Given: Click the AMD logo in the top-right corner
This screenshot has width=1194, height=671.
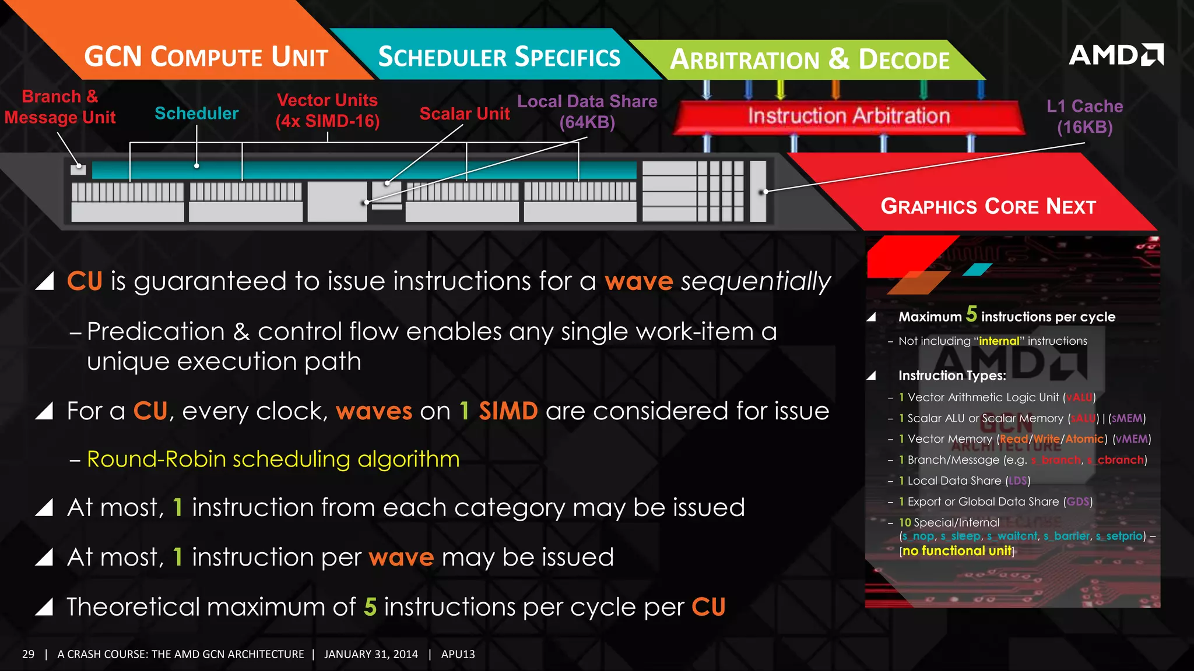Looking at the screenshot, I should click(x=1115, y=55).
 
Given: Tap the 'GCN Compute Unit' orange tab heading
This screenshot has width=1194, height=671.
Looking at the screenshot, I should click(x=206, y=57).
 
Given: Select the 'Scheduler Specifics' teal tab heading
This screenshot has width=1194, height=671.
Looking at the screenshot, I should click(x=499, y=57).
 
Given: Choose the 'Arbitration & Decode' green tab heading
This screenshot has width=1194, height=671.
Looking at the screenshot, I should click(x=810, y=59).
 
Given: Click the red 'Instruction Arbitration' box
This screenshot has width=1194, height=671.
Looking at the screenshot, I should click(x=848, y=116).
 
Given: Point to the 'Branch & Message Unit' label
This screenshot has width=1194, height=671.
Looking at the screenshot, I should click(x=60, y=107).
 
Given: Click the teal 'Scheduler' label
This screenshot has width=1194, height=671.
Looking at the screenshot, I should click(x=196, y=114).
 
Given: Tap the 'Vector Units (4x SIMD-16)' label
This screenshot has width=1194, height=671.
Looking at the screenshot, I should click(x=327, y=111).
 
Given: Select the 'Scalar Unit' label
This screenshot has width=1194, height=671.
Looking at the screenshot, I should click(x=465, y=114).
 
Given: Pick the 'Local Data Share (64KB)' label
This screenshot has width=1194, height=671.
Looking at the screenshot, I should click(x=587, y=112).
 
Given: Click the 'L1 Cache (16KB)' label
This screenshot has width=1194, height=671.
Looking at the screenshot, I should click(x=1084, y=116).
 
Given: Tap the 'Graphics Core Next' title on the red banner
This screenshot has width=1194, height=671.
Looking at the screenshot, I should click(x=988, y=206).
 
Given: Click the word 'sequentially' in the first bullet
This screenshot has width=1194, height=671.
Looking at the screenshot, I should click(x=756, y=281).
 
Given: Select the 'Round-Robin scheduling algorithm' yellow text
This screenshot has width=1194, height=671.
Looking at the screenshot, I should click(x=273, y=459).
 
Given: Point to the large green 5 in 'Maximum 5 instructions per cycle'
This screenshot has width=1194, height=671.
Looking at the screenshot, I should click(x=971, y=314).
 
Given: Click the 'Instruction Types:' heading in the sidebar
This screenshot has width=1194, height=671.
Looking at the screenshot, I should click(x=952, y=376).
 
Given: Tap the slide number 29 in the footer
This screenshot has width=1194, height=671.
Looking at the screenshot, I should click(x=28, y=654).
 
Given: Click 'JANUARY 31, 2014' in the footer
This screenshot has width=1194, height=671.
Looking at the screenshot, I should click(x=371, y=654).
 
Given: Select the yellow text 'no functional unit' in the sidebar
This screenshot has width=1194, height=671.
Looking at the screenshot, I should click(x=957, y=551).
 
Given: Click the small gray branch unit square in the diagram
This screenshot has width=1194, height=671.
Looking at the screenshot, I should click(x=78, y=169).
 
